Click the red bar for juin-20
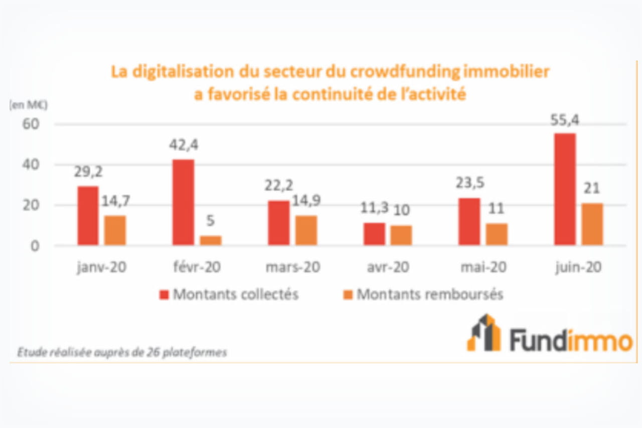click(565, 189)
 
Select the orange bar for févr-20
click(211, 240)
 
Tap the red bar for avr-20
click(374, 234)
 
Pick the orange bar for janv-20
click(115, 230)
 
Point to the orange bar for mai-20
click(497, 234)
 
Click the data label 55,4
click(565, 121)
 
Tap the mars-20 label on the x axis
click(293, 268)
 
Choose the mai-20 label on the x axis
click(484, 268)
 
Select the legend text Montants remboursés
click(429, 295)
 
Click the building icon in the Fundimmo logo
click(484, 333)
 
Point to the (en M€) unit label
click(28, 105)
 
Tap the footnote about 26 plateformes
click(122, 353)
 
